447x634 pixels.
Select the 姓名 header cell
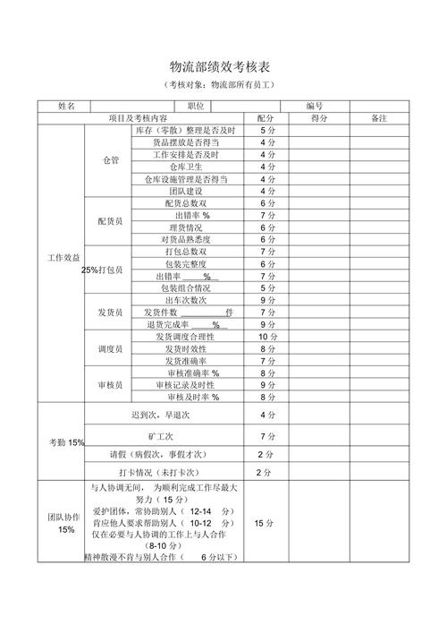point(66,106)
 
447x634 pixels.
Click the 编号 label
point(313,106)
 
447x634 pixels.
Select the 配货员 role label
point(110,221)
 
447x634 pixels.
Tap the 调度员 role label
point(110,348)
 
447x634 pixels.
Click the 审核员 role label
point(110,384)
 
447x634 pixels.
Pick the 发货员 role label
point(110,312)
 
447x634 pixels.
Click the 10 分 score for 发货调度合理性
point(266,337)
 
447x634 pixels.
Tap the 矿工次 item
point(160,435)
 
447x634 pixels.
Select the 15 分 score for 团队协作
point(265,523)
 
